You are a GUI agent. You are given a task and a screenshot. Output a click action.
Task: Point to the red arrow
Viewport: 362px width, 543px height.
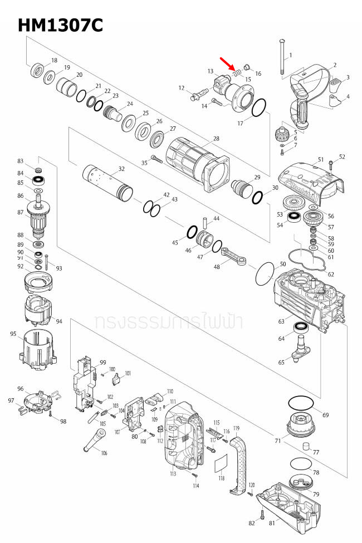[228, 63]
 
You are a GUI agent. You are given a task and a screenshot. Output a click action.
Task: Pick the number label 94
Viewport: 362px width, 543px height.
[58, 321]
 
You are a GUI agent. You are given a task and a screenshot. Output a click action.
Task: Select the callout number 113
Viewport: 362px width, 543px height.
[173, 473]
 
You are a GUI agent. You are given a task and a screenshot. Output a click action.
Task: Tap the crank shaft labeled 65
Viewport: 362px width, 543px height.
[301, 355]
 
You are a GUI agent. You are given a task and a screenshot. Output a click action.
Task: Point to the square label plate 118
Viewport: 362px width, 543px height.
[221, 463]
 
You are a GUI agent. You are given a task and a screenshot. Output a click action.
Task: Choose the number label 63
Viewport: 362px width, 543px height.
[282, 321]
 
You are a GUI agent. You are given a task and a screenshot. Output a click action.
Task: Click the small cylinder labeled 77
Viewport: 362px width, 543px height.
[305, 446]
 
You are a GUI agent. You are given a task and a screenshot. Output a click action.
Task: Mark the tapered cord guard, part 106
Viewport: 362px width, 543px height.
[93, 444]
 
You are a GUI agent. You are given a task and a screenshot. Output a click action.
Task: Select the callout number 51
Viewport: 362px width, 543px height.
[320, 160]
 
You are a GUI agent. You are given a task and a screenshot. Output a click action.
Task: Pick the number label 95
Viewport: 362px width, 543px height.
[13, 334]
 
